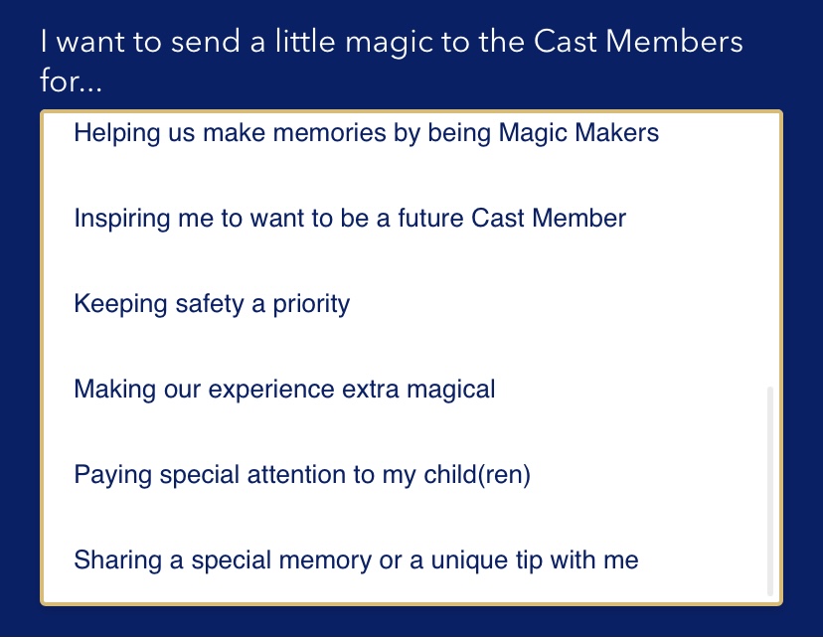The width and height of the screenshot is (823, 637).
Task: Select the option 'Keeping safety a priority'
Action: coord(212,304)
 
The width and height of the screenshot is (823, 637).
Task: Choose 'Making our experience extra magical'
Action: coord(284,390)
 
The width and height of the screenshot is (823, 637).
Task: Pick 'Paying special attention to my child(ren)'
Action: coord(302,475)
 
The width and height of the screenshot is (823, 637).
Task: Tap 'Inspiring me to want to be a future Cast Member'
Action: coord(350,219)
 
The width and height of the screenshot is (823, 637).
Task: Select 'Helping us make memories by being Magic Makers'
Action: coord(367,133)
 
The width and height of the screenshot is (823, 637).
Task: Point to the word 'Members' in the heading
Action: coord(674,41)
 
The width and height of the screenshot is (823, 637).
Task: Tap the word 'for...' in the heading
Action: coord(71,80)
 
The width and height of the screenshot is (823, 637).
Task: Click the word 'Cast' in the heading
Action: coord(566,41)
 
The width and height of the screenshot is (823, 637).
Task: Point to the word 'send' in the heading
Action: coord(206,41)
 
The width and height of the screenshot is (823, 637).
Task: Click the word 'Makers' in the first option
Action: coord(616,132)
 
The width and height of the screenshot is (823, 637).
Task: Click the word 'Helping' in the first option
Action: coord(117,133)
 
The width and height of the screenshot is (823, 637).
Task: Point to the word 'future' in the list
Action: coord(430,218)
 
